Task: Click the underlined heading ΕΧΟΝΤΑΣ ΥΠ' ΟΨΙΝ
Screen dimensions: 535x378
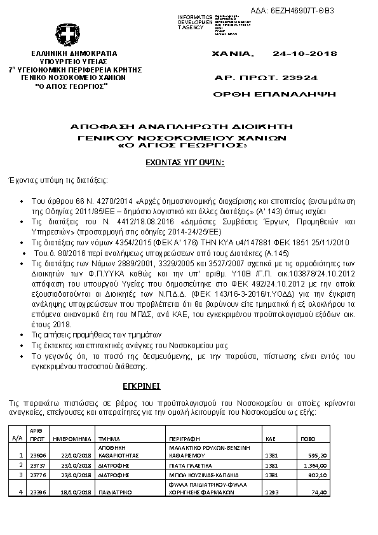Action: click(182, 163)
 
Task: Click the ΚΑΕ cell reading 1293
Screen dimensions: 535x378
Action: click(271, 492)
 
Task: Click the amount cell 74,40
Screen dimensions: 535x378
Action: click(320, 492)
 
